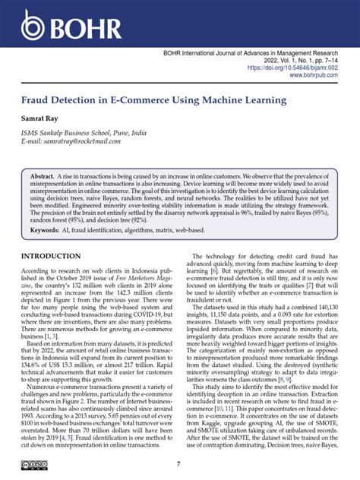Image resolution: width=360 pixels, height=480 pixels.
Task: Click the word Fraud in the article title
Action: click(38, 100)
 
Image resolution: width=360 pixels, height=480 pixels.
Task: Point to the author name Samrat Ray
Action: click(43, 120)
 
